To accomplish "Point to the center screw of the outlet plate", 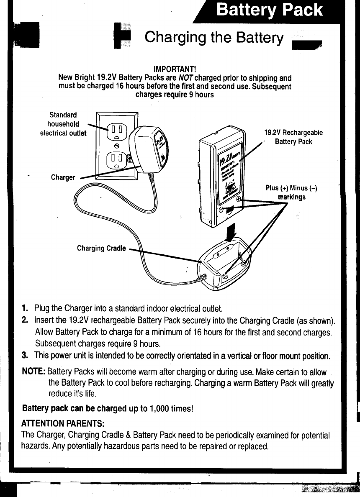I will [x=117, y=145].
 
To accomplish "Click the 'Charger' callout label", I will [x=63, y=177].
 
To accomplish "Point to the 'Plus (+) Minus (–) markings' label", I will [x=291, y=192].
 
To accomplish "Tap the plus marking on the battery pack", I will [x=238, y=200].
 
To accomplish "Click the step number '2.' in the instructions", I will [x=25, y=321].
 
